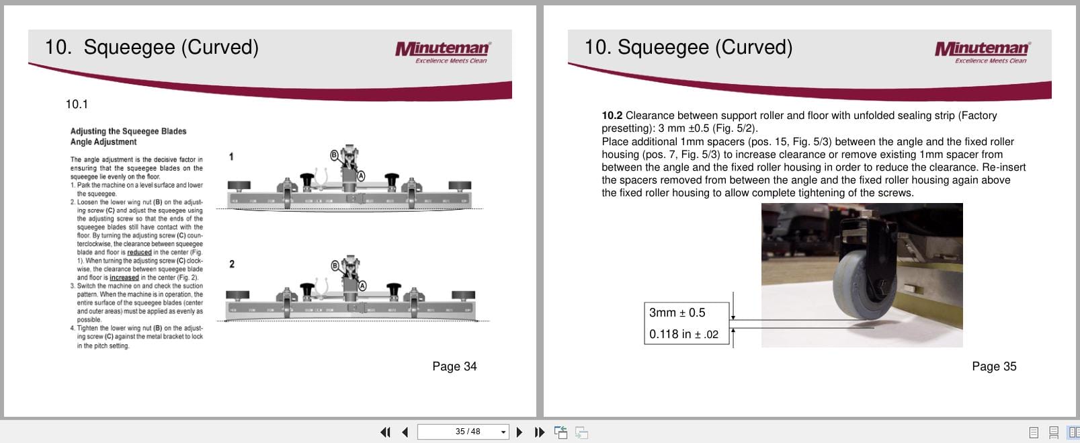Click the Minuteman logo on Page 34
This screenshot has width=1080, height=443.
coord(442,50)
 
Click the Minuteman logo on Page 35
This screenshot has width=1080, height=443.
coord(982,50)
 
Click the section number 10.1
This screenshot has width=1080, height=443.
coord(77,104)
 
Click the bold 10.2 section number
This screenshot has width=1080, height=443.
coord(612,116)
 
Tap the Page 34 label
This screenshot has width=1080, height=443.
coord(454,366)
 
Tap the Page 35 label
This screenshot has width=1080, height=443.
coord(994,366)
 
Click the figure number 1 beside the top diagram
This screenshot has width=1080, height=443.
coord(231,157)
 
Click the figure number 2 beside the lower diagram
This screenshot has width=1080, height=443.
coord(232,264)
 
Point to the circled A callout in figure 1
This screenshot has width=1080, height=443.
coord(362,175)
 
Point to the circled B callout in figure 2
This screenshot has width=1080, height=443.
coord(334,266)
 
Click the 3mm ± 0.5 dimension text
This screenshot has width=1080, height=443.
coord(677,313)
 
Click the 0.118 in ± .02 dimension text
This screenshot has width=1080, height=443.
coord(683,334)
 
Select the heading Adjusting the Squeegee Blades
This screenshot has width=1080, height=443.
coord(128,131)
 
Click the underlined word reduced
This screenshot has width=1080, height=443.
coord(139,253)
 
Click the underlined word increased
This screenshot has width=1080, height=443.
coord(124,278)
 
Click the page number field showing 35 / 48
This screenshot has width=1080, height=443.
coord(462,432)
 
